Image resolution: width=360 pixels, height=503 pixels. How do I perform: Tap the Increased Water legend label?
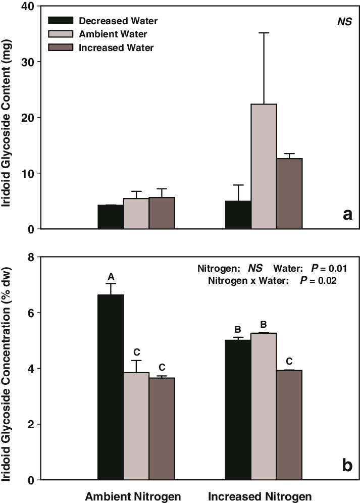pos(116,47)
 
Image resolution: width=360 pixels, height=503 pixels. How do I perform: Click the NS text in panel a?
pos(344,22)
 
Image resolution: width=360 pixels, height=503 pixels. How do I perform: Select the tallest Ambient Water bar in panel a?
pos(264,166)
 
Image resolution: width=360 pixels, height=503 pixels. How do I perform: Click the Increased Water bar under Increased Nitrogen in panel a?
pos(289,193)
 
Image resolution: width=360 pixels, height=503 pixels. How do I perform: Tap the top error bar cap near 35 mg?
pos(264,33)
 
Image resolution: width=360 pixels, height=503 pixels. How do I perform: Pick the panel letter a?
pos(347,215)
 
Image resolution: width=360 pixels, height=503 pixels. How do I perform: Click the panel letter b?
pos(347,465)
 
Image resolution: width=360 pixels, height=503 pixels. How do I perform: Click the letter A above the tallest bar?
pos(111,276)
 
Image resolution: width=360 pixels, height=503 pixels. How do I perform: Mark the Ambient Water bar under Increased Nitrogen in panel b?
pos(264,406)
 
